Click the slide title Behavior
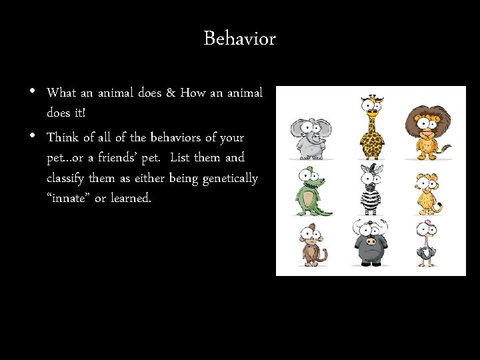point(239,39)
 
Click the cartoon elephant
point(307,137)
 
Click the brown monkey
point(309,245)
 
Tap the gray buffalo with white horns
point(369,242)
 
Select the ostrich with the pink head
point(426,243)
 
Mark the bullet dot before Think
point(33,135)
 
